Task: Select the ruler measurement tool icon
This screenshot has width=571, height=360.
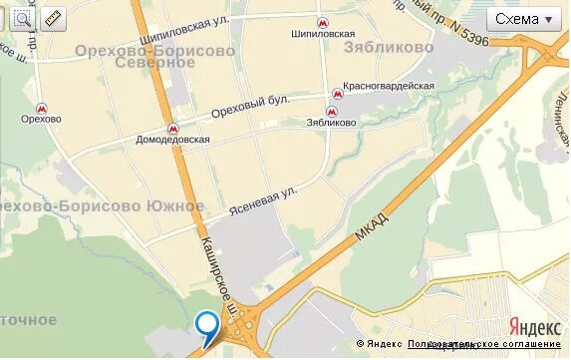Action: [52, 18]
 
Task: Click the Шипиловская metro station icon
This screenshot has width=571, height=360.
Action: [322, 22]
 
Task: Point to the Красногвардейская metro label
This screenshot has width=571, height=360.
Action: [389, 86]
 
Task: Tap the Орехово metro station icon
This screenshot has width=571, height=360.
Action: [42, 108]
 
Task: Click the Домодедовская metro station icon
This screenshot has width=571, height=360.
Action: [172, 128]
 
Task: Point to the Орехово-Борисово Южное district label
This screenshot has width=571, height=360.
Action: [102, 206]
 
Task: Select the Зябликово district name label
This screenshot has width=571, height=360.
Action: [388, 47]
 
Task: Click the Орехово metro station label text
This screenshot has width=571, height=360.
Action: [41, 120]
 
